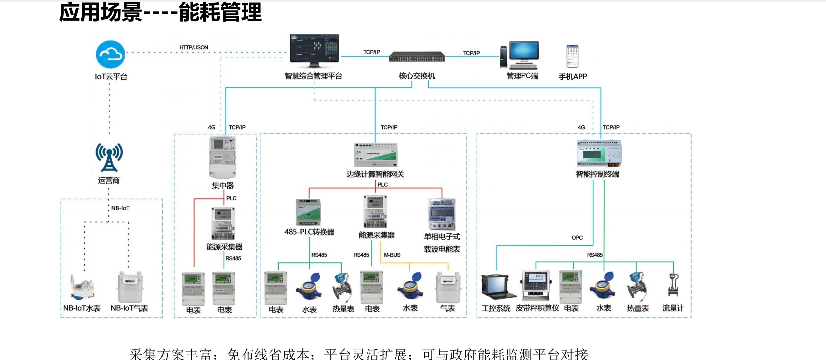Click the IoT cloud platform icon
coord(110,55)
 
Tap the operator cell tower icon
coord(109,157)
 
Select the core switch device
coord(417,57)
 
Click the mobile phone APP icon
coord(572,56)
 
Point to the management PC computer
coord(520,55)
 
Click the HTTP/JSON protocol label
coord(194,47)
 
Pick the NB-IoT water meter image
coord(82,287)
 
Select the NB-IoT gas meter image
coord(130,286)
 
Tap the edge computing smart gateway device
coord(376,155)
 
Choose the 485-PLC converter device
coord(308,212)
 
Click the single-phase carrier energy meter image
coord(442,214)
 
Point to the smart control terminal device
coord(599,153)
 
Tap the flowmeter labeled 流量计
coord(673,285)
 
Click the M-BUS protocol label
coord(392,255)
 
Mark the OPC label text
coord(577,238)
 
